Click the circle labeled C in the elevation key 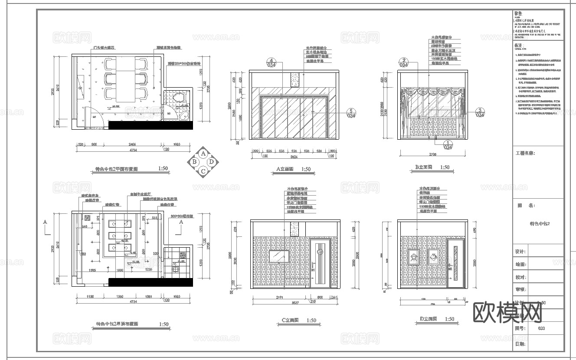click(x=203, y=170)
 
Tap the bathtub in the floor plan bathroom click(x=183, y=116)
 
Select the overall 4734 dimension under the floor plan click(x=133, y=150)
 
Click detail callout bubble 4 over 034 click(x=272, y=62)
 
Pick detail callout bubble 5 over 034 click(x=350, y=113)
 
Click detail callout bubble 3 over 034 click(x=480, y=112)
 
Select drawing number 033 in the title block click(x=541, y=328)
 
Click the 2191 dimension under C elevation click(x=279, y=298)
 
